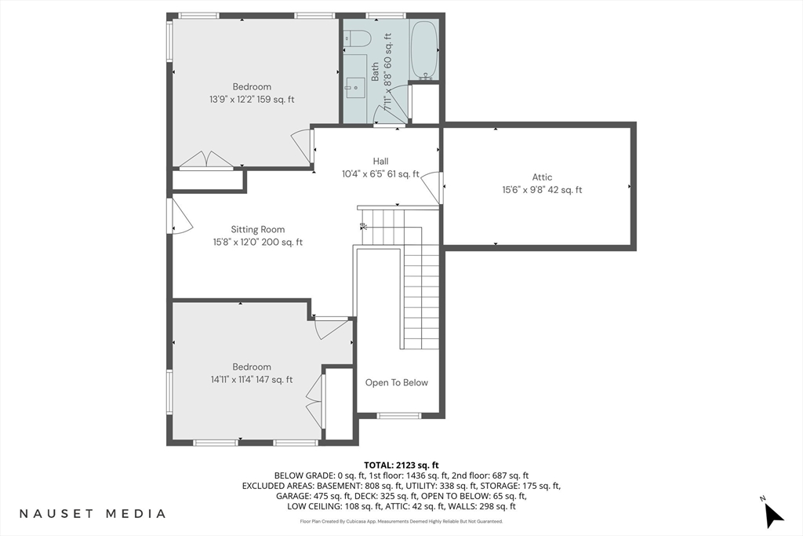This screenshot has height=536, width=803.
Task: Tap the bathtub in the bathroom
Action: coord(423,49)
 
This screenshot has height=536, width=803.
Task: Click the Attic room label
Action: coord(542,177)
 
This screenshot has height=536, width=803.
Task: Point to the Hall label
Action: coord(380,162)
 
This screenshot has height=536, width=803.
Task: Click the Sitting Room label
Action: coord(257,230)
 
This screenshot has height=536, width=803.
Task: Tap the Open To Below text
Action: coord(396,383)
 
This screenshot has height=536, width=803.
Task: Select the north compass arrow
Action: coord(773,515)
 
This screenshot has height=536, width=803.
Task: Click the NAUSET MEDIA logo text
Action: coord(93,513)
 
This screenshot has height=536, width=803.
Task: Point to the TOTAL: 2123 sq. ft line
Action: coord(401,465)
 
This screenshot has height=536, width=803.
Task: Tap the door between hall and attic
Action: coord(433,187)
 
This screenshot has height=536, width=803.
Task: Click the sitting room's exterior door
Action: coord(180,216)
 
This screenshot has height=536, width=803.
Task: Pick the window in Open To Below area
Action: coord(399,416)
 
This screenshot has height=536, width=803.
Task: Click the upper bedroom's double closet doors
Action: coord(207,159)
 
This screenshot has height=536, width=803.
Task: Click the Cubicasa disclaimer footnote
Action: coord(401,522)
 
